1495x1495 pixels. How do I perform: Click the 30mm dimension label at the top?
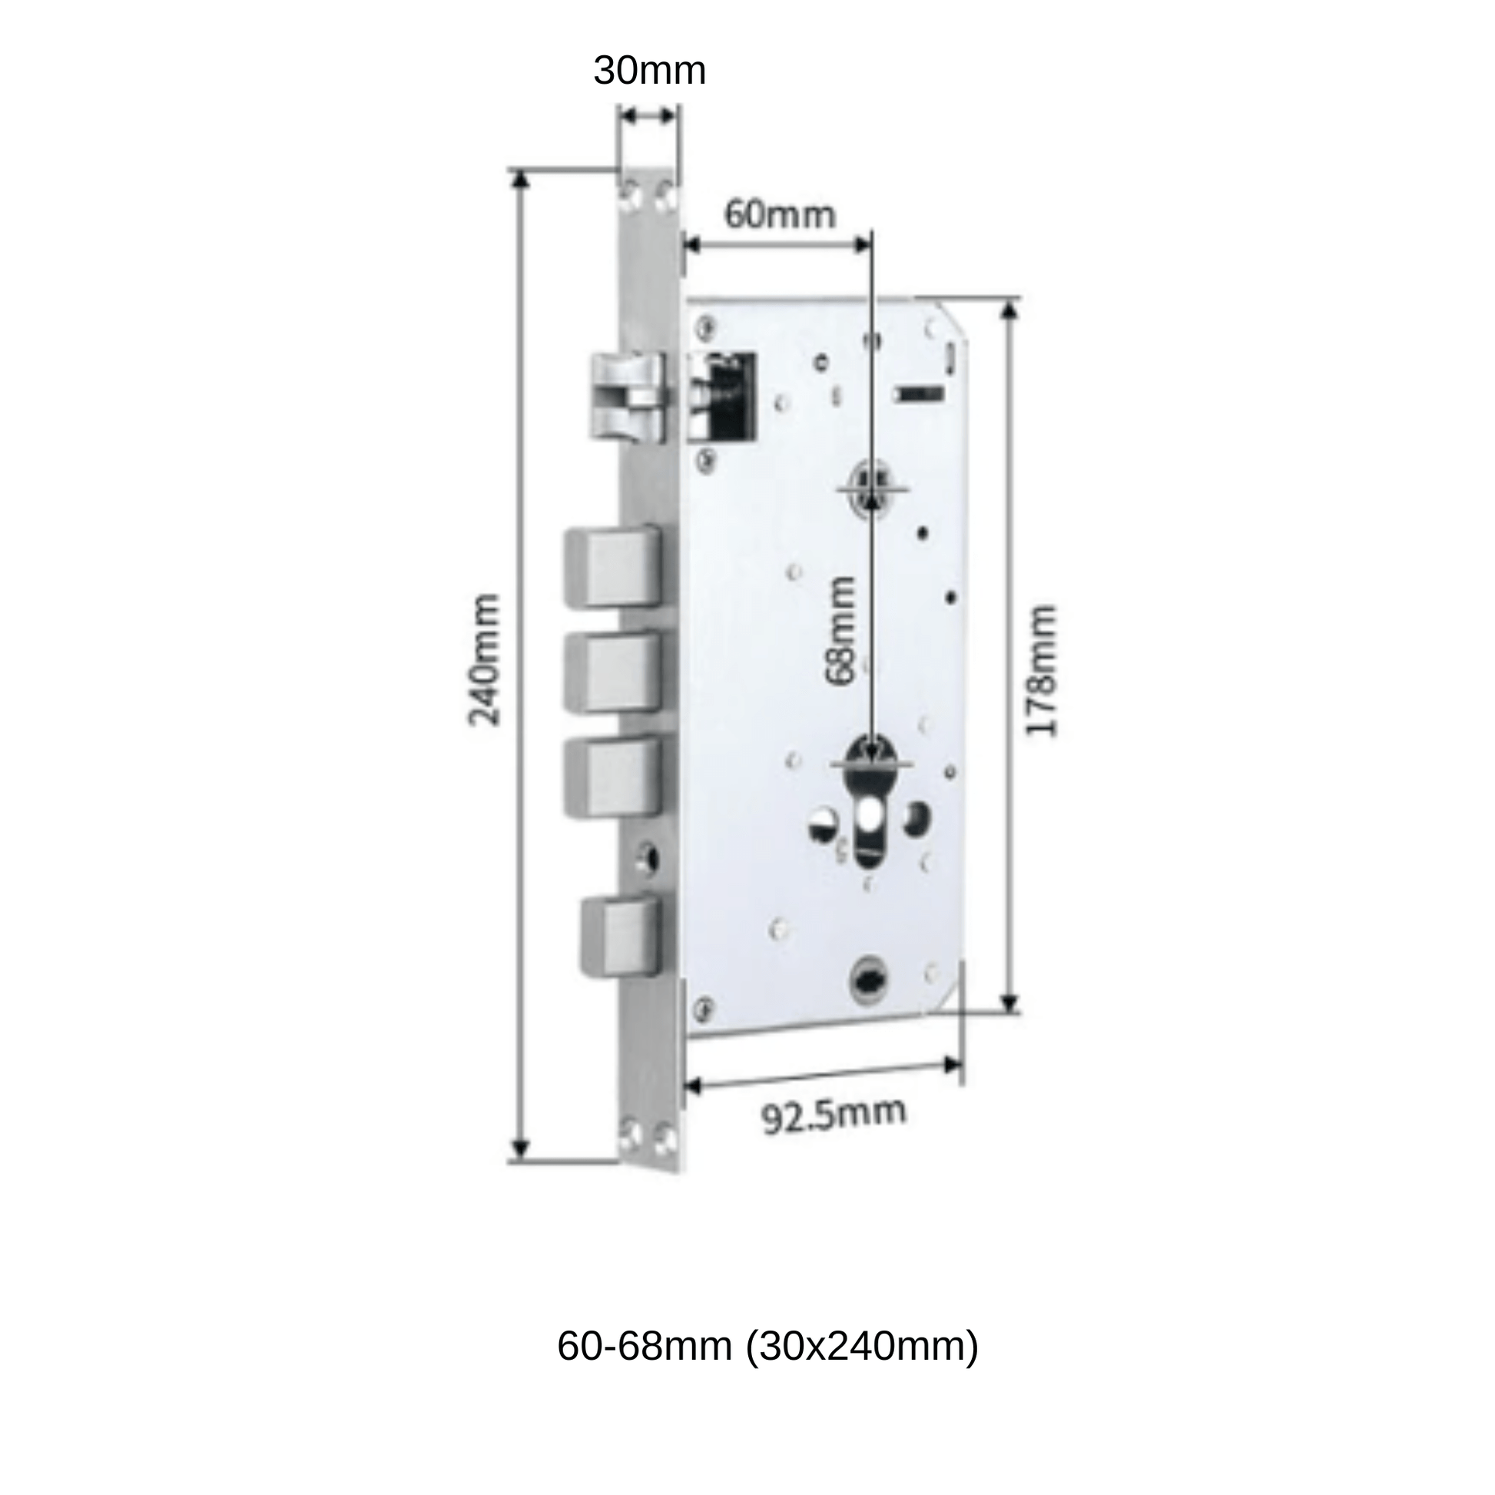coord(650,71)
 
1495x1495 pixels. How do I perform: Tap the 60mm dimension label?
coord(780,214)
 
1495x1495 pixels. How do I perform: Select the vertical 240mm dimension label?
coord(485,660)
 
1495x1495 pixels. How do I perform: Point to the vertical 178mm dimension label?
coord(1041,671)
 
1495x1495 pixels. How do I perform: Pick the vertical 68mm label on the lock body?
coord(840,630)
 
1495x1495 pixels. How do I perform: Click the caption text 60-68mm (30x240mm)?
coord(767,1347)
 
